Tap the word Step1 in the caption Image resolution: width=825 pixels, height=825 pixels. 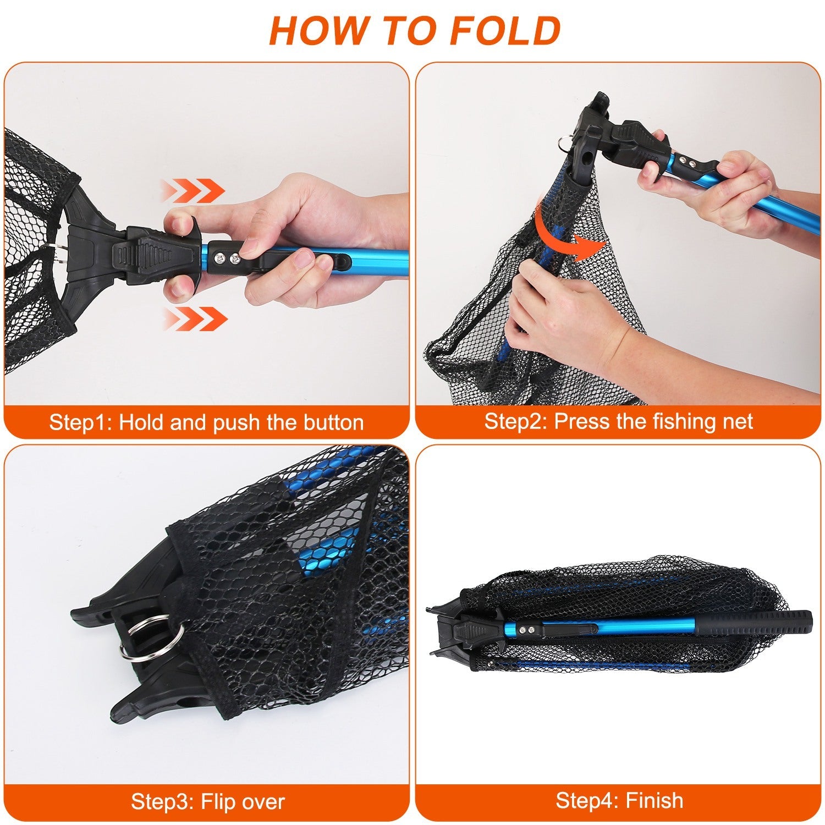click(80, 422)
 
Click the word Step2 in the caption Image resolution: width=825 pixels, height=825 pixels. click(515, 421)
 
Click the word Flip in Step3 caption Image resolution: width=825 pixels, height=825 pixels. click(219, 801)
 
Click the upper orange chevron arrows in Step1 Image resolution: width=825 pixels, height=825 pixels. click(193, 191)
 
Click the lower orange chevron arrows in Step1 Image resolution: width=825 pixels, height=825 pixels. click(196, 318)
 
